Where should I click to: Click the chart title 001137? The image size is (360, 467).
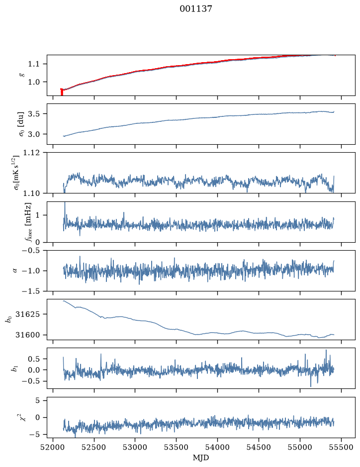(x=195, y=9)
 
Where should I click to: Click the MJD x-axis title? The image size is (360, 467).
(x=201, y=458)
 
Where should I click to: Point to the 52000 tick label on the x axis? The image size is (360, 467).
(x=53, y=447)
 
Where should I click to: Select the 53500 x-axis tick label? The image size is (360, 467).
(x=177, y=447)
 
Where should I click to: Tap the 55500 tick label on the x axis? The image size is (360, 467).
(x=341, y=447)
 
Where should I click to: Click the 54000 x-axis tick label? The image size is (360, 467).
(x=217, y=447)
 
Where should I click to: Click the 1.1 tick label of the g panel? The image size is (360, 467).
(x=34, y=64)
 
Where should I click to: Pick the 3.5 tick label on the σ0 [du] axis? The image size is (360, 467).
(x=34, y=114)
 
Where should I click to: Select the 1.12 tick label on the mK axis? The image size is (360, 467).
(x=31, y=153)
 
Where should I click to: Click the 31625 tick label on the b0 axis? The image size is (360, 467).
(x=27, y=314)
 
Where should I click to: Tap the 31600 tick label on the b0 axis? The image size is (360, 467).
(x=27, y=335)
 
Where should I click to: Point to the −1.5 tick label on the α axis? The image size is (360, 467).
(x=31, y=291)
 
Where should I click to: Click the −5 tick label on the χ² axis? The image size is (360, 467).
(x=34, y=435)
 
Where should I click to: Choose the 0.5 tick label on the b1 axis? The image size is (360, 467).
(x=34, y=359)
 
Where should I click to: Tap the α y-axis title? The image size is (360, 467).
(x=15, y=271)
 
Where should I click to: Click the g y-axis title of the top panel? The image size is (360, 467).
(x=21, y=75)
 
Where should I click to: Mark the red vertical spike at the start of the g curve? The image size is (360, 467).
(x=62, y=92)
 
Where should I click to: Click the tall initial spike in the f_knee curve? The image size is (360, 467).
(x=65, y=211)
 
